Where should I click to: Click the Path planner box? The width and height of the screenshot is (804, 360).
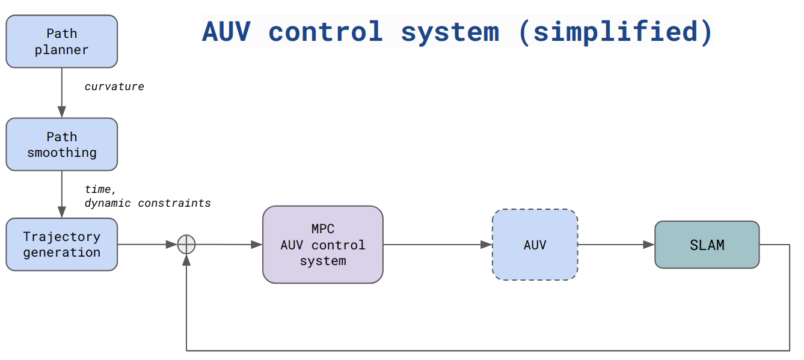point(61,41)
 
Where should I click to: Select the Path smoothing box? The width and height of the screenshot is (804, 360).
point(61,144)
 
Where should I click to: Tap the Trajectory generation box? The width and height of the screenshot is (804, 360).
point(61,245)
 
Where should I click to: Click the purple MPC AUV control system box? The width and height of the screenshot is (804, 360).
point(322,245)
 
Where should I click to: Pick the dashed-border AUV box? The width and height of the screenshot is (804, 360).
point(535,245)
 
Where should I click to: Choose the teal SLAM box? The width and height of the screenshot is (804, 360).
point(707,245)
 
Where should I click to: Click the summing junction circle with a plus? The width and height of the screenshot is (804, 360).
point(187,245)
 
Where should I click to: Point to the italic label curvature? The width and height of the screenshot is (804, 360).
point(114,87)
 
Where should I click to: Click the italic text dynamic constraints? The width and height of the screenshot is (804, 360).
point(147,203)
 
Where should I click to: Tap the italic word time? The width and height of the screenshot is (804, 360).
point(99,189)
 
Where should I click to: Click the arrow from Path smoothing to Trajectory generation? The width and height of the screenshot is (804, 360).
point(61,194)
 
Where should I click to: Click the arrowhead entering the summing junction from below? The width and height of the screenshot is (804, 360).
point(187,259)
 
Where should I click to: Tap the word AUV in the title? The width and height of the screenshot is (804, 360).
point(226,31)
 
